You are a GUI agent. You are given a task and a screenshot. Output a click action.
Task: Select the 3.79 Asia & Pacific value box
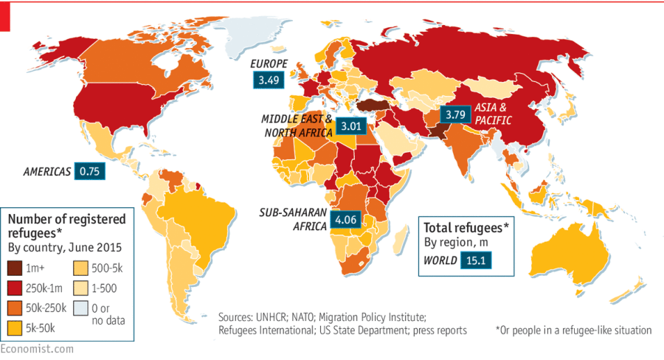(454, 114)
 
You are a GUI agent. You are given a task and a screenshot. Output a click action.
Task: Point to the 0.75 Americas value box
(90, 171)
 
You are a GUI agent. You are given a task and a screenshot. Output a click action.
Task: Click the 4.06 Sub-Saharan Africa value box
(346, 219)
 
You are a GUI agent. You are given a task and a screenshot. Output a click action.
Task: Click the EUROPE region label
(268, 63)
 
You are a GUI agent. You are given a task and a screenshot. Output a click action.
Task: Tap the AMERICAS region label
(46, 172)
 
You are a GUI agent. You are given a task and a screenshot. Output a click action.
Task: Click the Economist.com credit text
(37, 348)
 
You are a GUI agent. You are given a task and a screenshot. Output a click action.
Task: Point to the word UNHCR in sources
(274, 316)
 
